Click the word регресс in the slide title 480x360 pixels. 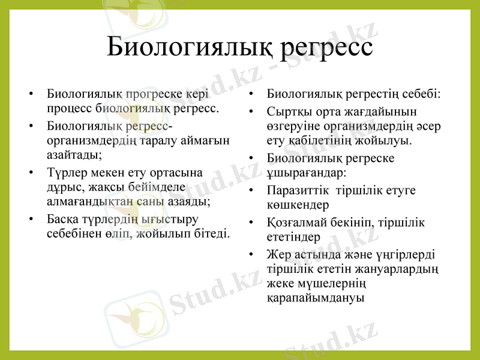point(324,47)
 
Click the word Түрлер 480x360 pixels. point(65,173)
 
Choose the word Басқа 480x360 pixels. point(64,219)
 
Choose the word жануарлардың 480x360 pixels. point(398,269)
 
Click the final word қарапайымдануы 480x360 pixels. point(315,298)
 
